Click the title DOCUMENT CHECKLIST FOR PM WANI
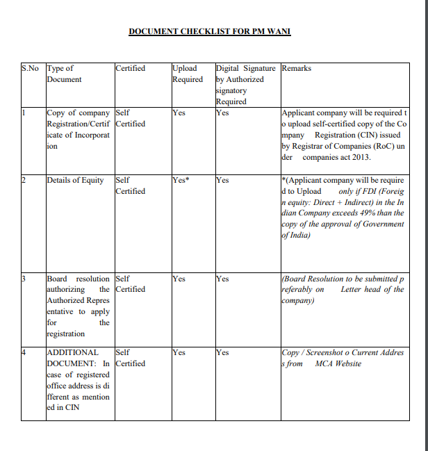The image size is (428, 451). [x=209, y=31]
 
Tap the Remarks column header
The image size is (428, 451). [x=297, y=69]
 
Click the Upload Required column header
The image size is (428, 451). [x=188, y=74]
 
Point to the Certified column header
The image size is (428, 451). [x=131, y=69]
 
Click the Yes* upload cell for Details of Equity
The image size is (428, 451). [x=181, y=181]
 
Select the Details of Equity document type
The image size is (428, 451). [x=74, y=181]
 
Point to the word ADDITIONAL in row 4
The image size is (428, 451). [x=73, y=352]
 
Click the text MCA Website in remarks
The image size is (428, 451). [x=338, y=363]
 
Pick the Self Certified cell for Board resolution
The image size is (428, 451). [x=130, y=284]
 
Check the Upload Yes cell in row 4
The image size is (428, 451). [x=179, y=352]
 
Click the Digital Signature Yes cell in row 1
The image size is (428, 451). [x=222, y=112]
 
